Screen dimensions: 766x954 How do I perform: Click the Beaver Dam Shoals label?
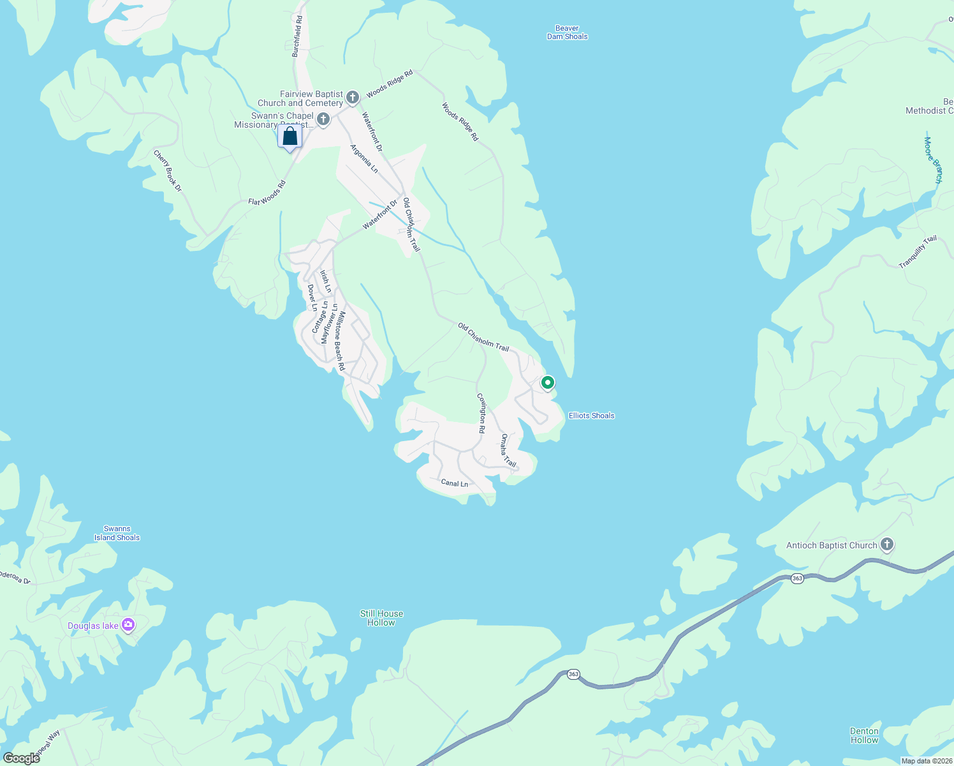567,33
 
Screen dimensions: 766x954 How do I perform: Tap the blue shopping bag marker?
290,137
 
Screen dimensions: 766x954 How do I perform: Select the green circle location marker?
547,383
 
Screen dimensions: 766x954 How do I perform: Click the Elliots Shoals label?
591,416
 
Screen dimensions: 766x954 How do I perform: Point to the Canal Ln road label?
455,483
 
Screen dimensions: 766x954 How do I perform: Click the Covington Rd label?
482,414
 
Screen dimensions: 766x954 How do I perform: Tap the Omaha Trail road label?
508,450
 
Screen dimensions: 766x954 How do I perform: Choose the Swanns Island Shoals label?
117,533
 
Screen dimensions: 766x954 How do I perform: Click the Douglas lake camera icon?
128,625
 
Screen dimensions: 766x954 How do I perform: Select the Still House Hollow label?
381,618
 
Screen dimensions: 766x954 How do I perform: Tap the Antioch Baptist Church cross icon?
886,545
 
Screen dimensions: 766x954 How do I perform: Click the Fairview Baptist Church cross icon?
353,97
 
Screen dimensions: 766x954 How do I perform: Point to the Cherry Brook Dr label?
168,171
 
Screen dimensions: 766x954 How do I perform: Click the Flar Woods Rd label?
267,193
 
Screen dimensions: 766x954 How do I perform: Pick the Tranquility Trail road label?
918,252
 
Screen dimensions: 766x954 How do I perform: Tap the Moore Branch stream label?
933,160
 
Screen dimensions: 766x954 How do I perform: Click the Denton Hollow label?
864,735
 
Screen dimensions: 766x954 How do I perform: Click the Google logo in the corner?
22,758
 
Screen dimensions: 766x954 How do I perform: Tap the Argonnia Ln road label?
364,159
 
